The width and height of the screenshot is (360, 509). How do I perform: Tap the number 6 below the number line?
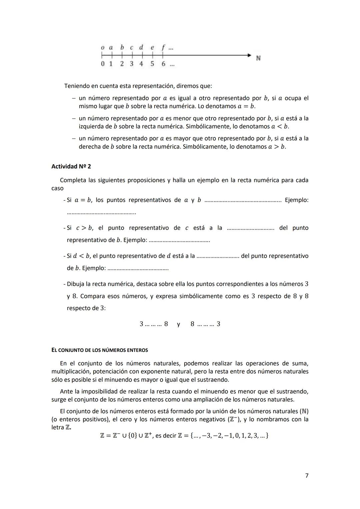point(163,64)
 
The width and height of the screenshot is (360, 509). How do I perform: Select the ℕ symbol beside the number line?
point(258,58)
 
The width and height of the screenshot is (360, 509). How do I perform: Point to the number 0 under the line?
point(103,64)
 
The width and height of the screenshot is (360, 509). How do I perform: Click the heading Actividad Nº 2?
point(71,166)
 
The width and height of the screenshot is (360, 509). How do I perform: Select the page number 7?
point(307,476)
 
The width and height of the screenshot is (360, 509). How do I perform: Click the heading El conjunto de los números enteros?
point(100,350)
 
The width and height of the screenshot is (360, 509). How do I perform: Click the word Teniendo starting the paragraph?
point(77,86)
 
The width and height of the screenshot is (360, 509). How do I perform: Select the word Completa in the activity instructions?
point(73,180)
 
